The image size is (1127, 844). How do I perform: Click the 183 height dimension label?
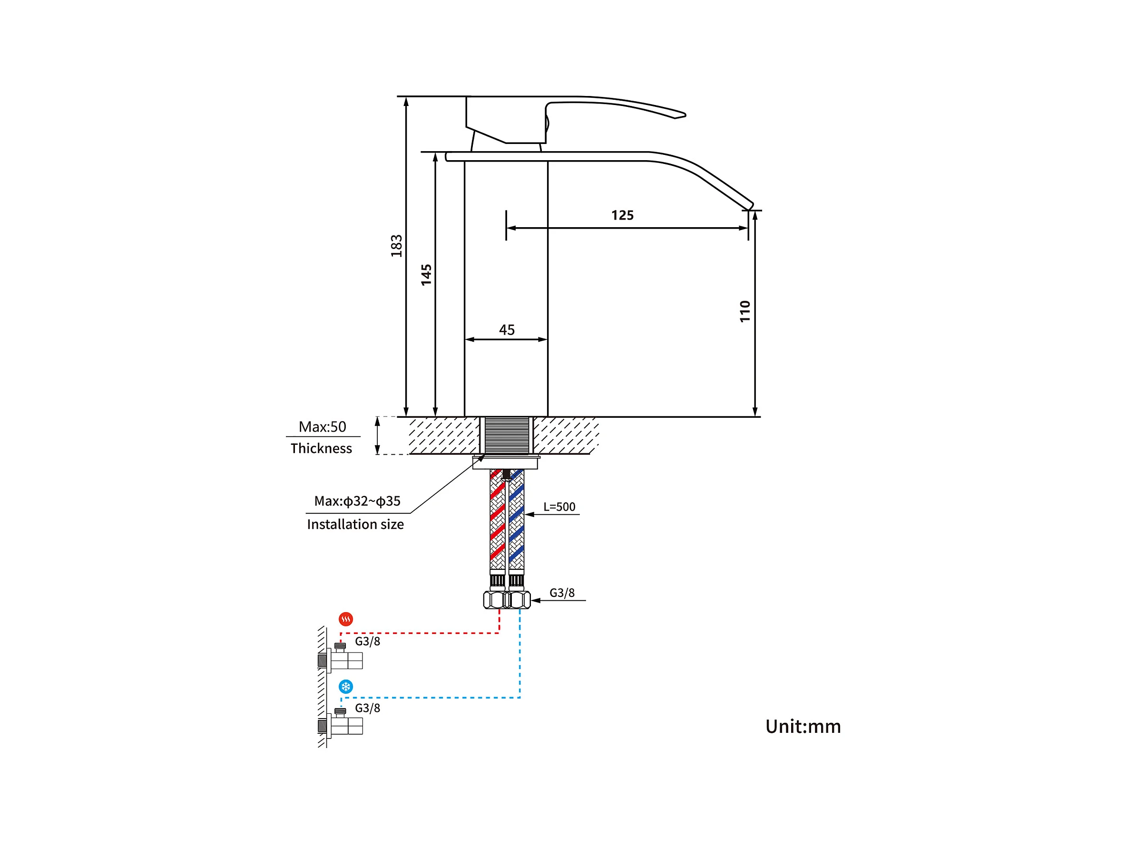(x=396, y=246)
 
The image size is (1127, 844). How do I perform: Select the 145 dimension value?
(x=426, y=275)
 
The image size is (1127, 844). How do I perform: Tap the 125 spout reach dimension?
(x=622, y=215)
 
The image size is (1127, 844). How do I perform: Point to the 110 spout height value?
(x=745, y=311)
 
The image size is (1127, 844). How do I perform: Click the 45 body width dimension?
(x=507, y=330)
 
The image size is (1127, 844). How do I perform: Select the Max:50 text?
(x=322, y=427)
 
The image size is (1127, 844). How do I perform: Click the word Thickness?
(x=321, y=449)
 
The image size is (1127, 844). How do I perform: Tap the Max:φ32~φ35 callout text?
(x=357, y=501)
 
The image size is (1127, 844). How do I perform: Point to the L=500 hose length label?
(x=559, y=507)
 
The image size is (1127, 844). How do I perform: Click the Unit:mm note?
(x=803, y=727)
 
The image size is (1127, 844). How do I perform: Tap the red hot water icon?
(x=346, y=619)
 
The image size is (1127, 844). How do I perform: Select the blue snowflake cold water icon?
(x=346, y=687)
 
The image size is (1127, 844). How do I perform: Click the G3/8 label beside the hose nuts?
(x=561, y=593)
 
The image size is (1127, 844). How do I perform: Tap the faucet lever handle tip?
(x=681, y=115)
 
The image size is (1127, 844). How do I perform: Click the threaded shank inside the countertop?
(x=507, y=435)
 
